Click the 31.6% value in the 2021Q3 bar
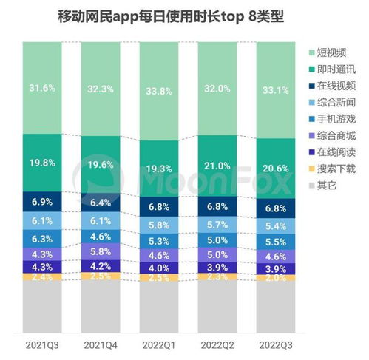(x=41, y=89)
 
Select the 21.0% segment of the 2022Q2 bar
(x=217, y=165)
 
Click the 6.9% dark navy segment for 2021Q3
(x=41, y=201)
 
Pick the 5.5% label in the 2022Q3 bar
(x=275, y=241)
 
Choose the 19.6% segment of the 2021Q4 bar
(x=101, y=165)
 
